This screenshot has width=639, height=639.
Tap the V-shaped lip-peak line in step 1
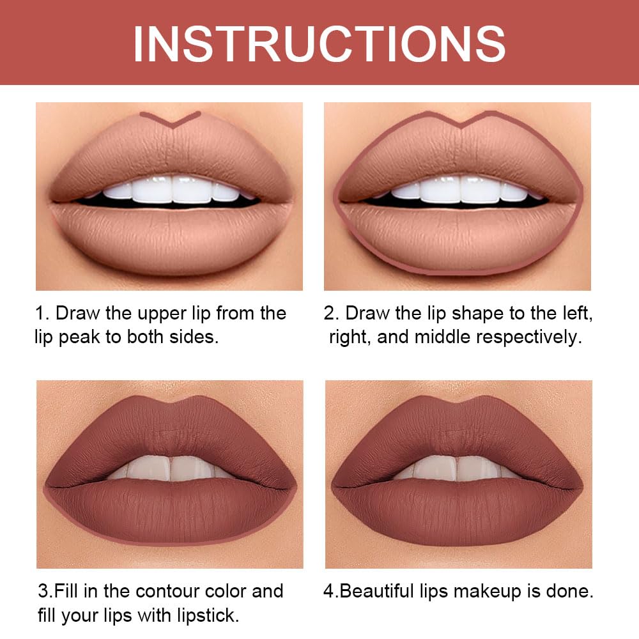171,119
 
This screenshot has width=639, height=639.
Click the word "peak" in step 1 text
79,337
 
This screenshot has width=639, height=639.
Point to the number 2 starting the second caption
330,313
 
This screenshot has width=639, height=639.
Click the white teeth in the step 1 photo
170,190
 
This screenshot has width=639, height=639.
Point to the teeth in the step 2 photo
458,190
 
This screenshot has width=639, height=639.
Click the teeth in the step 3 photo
170,467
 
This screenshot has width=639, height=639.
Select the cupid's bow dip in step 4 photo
458,404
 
